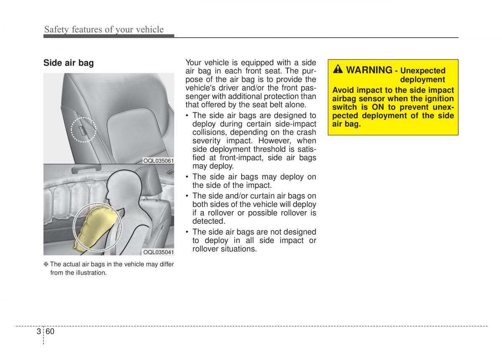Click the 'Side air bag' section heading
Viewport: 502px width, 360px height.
(69, 63)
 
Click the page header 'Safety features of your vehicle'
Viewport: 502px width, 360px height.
(104, 29)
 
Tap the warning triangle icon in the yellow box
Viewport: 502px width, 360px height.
(338, 70)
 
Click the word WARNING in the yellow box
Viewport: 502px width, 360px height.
(369, 70)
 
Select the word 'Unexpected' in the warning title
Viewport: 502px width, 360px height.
(423, 71)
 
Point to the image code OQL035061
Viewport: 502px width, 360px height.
(159, 161)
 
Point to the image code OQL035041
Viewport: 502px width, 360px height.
(159, 252)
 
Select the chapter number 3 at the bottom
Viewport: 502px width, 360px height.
(38, 332)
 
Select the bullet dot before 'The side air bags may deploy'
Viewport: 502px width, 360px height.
(188, 177)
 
